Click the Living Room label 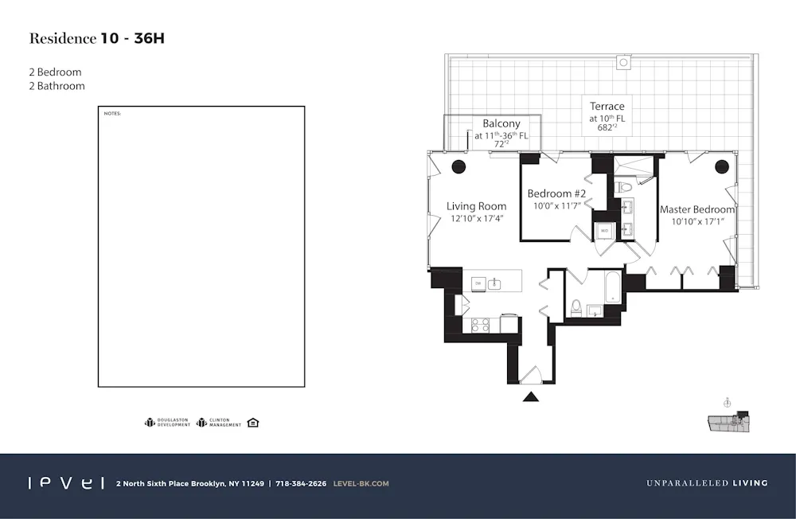[x=476, y=206]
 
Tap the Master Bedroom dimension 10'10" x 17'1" [x=697, y=221]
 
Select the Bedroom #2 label [x=556, y=193]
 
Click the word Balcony [x=501, y=123]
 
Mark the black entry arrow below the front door [x=531, y=396]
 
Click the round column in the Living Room [x=458, y=167]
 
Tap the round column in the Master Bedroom [x=722, y=167]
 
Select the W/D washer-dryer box [x=604, y=231]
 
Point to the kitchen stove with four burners [x=481, y=325]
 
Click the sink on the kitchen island [x=495, y=283]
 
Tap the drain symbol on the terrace [x=624, y=62]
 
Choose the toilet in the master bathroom [x=625, y=187]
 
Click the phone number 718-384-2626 [x=301, y=483]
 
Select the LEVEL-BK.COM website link [x=361, y=483]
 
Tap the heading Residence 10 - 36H [x=97, y=38]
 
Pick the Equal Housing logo [x=253, y=422]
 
